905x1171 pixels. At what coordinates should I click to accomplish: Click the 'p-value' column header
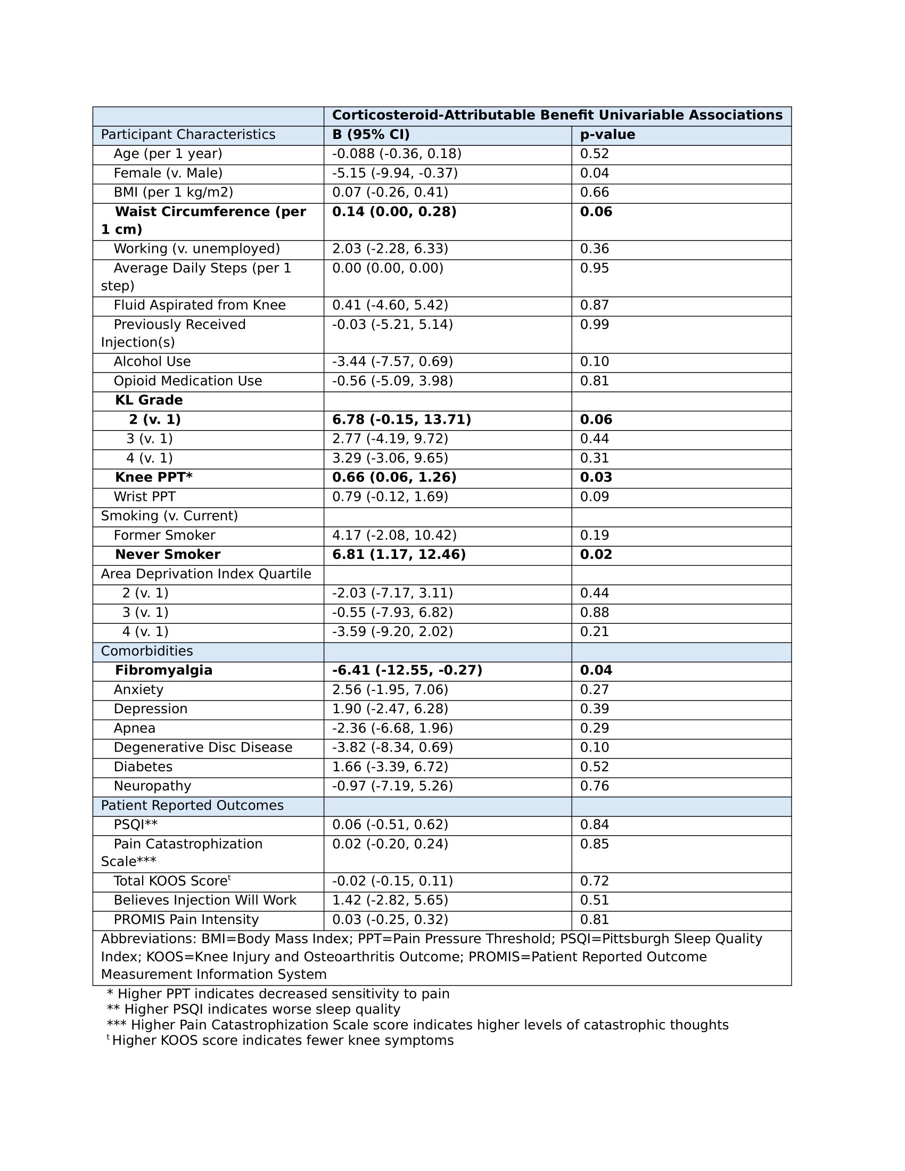coord(607,135)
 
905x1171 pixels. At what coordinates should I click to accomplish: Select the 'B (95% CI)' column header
coord(371,135)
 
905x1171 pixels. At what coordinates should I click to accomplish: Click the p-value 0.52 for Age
coord(595,154)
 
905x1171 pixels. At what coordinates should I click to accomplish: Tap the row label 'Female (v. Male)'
coord(168,173)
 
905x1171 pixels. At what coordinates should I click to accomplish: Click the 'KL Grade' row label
coord(149,400)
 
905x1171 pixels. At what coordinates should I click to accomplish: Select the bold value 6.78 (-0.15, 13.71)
coord(401,419)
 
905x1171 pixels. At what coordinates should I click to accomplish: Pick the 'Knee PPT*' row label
coord(153,477)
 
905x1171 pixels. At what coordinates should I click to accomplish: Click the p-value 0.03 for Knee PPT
coord(596,477)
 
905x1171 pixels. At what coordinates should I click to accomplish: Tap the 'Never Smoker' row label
coord(167,555)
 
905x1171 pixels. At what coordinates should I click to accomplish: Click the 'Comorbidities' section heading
coord(147,651)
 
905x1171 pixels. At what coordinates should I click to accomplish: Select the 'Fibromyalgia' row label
coord(163,670)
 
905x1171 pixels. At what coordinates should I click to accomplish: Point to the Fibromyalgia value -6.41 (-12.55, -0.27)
coord(407,670)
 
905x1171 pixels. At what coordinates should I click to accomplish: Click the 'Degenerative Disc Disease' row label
coord(203,747)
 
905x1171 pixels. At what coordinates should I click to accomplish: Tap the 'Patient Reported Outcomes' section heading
coord(192,805)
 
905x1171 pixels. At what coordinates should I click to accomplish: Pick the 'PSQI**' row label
coord(136,824)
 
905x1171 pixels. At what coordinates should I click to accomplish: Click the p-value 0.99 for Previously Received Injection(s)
coord(595,324)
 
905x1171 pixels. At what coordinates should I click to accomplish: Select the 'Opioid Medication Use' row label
coord(187,381)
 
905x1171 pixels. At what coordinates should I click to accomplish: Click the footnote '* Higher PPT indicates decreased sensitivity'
coord(278,994)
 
